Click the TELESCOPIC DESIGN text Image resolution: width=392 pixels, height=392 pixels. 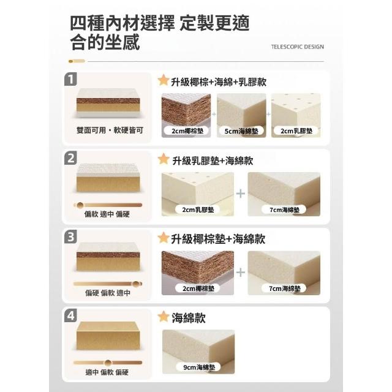point(297,47)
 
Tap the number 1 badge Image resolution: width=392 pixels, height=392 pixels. point(70,79)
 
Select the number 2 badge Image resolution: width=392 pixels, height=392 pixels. point(70,158)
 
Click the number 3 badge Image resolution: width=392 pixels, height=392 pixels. point(70,237)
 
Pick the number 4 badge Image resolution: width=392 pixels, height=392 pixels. point(70,315)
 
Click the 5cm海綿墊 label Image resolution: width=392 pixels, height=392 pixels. point(241,131)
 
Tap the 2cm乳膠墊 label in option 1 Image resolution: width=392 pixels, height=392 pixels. point(296,130)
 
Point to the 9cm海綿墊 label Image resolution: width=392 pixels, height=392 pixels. point(199,367)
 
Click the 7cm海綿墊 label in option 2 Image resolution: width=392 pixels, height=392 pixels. point(284,209)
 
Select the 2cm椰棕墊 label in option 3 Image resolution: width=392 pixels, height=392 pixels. point(198,288)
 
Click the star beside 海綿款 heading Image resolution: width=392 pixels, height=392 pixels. point(164,317)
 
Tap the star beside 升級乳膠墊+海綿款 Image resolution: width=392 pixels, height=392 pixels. point(164,159)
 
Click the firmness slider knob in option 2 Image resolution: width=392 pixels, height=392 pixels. point(80,205)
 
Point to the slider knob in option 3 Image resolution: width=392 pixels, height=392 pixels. point(136,284)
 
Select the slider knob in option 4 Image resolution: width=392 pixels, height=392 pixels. point(108,363)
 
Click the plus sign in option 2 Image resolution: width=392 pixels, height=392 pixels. point(241,194)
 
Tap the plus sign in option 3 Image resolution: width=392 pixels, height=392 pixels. point(241,272)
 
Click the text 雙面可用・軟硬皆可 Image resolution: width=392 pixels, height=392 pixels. point(110,130)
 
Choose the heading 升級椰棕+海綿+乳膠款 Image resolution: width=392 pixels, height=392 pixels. point(219,82)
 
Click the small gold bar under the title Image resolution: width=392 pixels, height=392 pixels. point(77,61)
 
